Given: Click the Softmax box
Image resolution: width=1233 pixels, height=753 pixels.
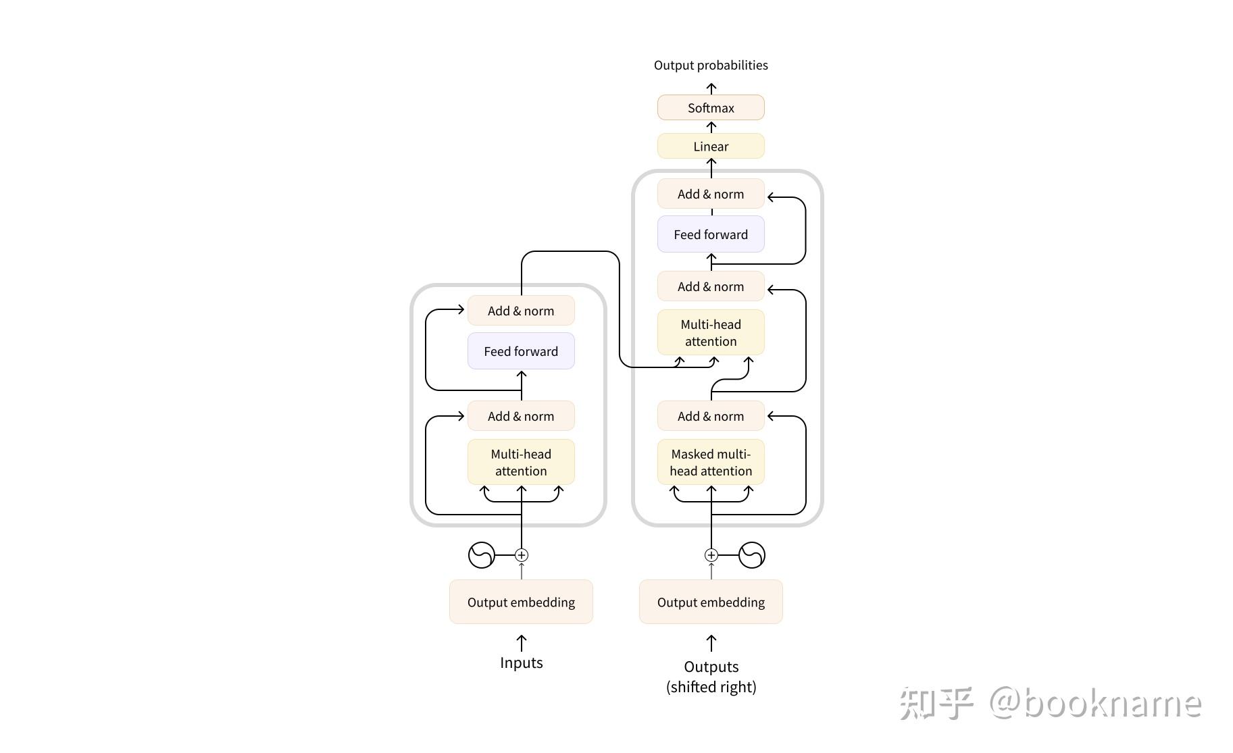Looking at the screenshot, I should click(x=711, y=108).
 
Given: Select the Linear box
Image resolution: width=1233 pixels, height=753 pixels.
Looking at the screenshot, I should click(x=711, y=147).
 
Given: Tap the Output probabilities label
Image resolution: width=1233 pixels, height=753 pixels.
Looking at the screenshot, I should click(x=711, y=66).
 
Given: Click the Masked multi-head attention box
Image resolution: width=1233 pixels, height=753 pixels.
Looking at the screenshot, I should click(x=711, y=463).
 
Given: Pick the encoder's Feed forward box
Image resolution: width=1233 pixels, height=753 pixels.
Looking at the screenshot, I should click(x=521, y=351).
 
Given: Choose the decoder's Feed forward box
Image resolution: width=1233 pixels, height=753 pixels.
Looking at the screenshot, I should click(x=711, y=234).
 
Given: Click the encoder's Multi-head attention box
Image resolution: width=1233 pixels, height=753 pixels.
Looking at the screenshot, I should click(x=521, y=463).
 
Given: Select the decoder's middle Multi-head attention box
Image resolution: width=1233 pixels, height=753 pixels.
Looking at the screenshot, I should click(x=711, y=333).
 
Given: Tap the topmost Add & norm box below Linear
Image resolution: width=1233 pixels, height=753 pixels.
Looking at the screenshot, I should click(x=711, y=194).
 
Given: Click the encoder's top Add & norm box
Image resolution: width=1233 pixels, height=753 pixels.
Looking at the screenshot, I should click(x=521, y=311).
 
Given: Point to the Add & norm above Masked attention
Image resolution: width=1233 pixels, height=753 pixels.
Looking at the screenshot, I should click(x=711, y=417).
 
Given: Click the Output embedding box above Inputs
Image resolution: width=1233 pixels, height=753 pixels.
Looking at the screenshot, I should click(x=521, y=602).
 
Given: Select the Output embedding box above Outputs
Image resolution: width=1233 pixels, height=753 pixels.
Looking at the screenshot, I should click(x=711, y=602).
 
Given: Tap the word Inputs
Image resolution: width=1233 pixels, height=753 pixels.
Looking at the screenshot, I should click(x=521, y=663).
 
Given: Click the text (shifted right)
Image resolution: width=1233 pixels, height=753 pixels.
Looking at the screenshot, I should click(x=711, y=687).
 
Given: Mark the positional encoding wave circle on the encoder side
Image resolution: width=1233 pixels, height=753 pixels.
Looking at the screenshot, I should click(x=482, y=555).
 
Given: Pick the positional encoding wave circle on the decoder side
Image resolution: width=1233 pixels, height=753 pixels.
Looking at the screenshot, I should click(x=751, y=555).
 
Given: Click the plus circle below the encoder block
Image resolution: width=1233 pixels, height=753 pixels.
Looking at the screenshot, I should click(x=522, y=555).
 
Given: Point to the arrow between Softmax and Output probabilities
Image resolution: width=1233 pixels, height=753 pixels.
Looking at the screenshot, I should click(x=711, y=88).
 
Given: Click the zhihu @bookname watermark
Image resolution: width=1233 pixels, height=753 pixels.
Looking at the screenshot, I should click(x=1051, y=704).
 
